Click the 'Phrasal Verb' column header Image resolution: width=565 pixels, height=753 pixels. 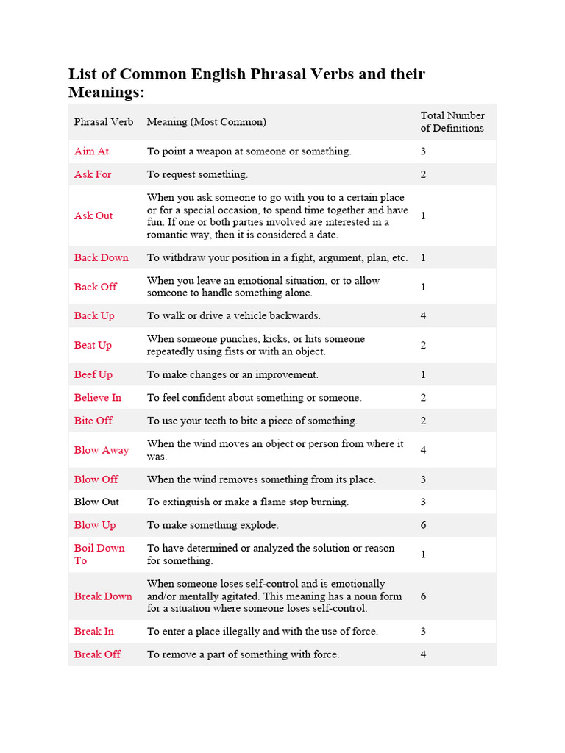point(104,122)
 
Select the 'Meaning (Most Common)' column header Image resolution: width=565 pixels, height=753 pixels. point(206,122)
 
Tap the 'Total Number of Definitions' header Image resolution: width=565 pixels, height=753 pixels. point(452,122)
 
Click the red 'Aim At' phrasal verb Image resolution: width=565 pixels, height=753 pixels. point(91,151)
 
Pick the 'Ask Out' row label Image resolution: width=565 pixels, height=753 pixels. point(93,216)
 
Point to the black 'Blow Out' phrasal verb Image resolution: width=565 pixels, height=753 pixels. point(96,502)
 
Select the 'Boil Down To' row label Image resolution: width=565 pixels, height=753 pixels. point(99,554)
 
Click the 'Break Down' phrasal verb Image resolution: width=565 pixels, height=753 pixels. point(103,596)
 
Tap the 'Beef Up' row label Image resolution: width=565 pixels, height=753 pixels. point(93,375)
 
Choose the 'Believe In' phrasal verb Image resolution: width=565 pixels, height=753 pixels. point(97,398)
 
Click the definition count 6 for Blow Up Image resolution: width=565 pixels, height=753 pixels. point(423,526)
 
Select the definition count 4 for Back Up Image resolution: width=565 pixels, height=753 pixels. point(423,316)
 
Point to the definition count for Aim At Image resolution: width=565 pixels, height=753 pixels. point(423,151)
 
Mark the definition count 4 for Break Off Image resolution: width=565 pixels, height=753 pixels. point(423,654)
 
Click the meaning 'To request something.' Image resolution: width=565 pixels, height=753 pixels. point(197,175)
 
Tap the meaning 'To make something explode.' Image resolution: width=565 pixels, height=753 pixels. point(213,526)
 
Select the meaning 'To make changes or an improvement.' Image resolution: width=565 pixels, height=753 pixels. point(232,375)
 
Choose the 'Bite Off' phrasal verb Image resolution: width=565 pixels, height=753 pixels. point(93,421)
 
